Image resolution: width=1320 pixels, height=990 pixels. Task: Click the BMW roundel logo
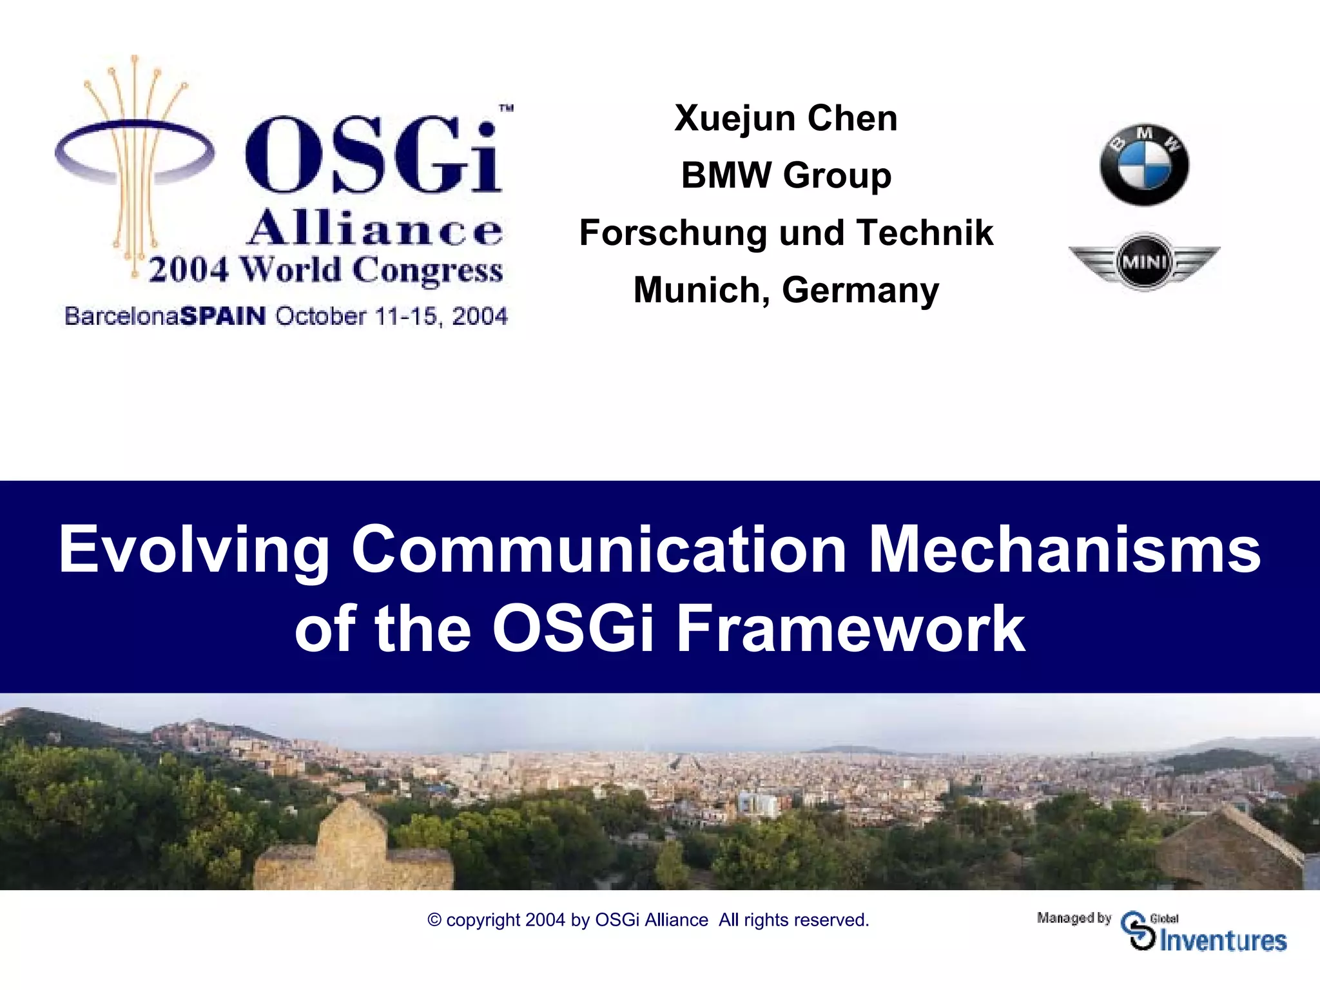[1144, 165]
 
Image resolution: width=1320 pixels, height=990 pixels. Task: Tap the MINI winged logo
[1144, 262]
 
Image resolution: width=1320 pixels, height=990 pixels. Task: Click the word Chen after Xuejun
[852, 119]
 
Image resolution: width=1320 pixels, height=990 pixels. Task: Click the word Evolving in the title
[194, 550]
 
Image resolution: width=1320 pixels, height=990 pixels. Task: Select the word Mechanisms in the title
[1065, 549]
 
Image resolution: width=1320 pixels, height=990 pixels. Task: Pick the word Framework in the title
[850, 628]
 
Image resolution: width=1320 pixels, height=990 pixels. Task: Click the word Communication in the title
[599, 549]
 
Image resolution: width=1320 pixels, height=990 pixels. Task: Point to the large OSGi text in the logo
[373, 155]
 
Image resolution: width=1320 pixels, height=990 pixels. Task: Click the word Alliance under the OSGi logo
[374, 229]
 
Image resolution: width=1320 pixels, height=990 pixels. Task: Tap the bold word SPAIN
[223, 316]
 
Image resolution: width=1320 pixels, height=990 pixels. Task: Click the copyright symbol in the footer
[434, 920]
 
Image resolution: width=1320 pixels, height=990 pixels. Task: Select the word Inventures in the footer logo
[1223, 941]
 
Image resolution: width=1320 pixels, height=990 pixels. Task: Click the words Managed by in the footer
[1074, 918]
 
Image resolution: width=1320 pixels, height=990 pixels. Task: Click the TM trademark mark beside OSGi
[507, 108]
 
